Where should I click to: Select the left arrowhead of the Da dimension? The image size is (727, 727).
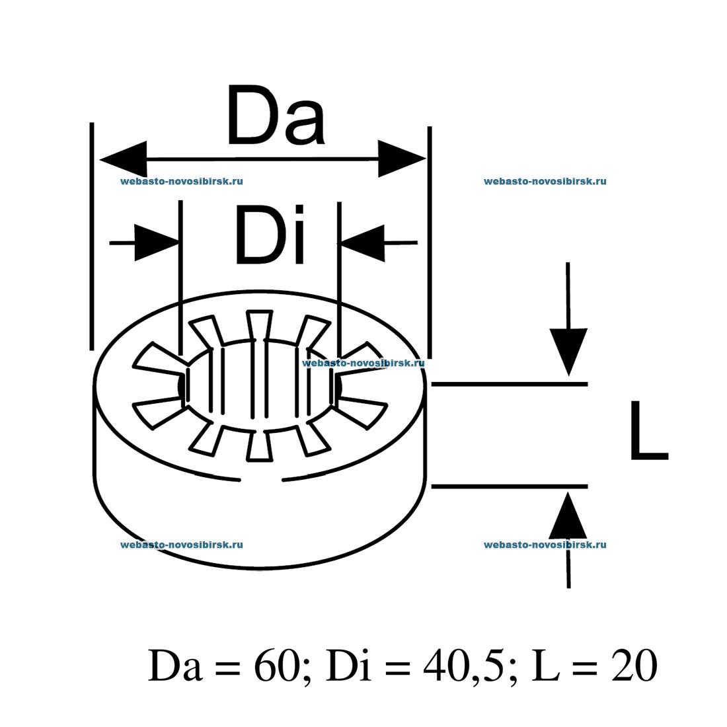123,159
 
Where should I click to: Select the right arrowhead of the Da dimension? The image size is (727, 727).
401,159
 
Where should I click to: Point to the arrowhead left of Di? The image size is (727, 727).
157,243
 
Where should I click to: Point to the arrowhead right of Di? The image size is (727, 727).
362,243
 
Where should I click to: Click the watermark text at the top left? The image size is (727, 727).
182,181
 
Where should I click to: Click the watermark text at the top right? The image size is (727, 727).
545,181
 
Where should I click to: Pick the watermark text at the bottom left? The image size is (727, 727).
182,545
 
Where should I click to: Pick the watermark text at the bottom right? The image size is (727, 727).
545,545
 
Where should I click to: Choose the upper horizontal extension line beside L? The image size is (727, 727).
509,383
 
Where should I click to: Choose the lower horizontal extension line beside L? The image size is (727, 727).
509,486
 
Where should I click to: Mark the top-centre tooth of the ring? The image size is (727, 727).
258,325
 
